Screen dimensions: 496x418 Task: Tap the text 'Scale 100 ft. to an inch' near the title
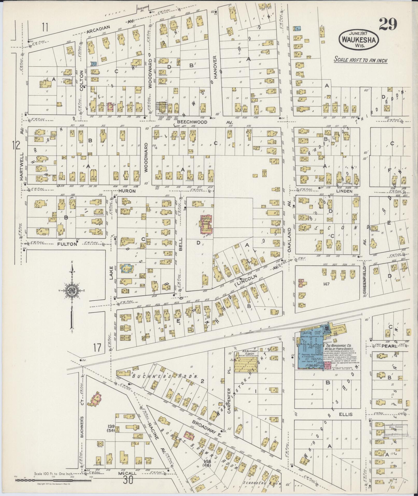coord(360,60)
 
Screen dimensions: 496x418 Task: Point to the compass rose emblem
coord(72,290)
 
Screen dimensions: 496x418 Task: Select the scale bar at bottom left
coord(53,480)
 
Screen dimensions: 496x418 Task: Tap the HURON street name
coord(127,191)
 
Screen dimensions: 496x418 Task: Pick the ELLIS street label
coord(346,414)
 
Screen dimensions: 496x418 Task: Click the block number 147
coord(326,284)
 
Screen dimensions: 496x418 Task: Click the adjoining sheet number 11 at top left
coord(45,27)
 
